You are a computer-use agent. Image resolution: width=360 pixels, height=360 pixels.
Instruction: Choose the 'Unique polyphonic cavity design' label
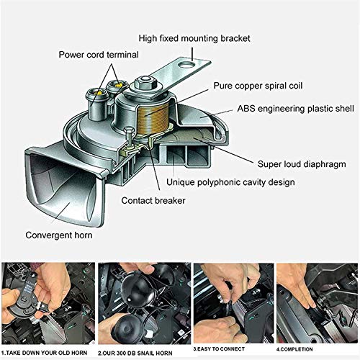(230, 182)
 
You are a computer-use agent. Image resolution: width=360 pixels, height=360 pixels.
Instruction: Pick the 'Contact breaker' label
(154, 201)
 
